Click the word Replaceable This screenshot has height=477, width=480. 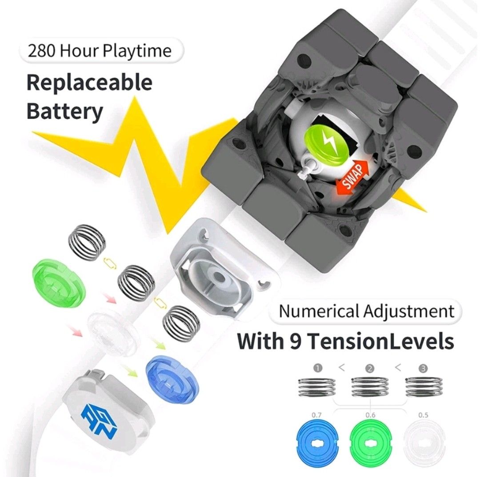tap(89, 83)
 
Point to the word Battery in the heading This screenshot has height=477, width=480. tap(64, 112)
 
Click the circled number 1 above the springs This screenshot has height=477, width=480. tap(318, 368)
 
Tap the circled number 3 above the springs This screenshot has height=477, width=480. tap(423, 368)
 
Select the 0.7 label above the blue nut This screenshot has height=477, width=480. tap(316, 415)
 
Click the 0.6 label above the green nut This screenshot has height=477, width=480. tap(370, 415)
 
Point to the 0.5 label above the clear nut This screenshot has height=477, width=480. tap(423, 415)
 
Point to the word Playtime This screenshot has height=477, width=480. tap(137, 51)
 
